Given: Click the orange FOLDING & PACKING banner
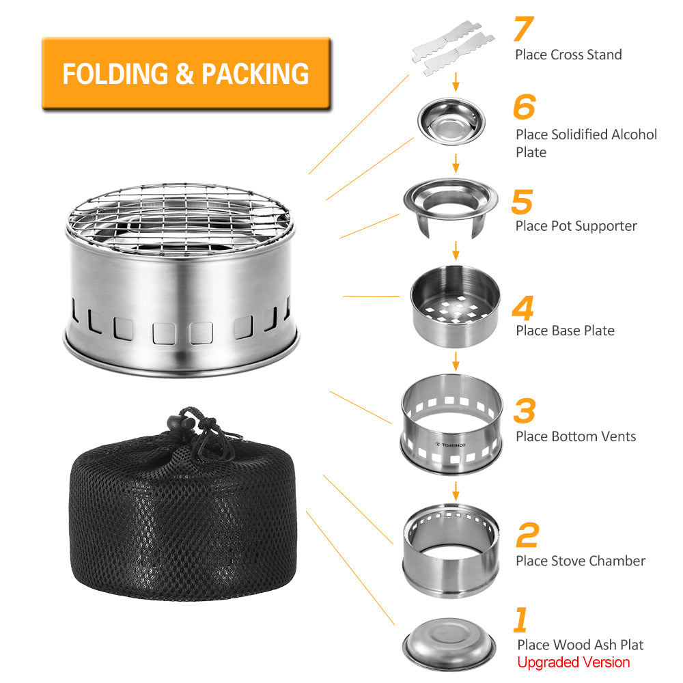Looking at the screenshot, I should [x=186, y=74].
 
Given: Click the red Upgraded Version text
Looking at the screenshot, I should [x=573, y=662].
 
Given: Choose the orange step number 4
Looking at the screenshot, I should [x=522, y=308].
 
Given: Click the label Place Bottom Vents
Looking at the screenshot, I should [x=575, y=436].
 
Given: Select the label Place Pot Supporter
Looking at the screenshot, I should [x=576, y=226].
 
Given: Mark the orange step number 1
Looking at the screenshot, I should [x=520, y=620].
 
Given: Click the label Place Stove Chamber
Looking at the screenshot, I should [x=580, y=561].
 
